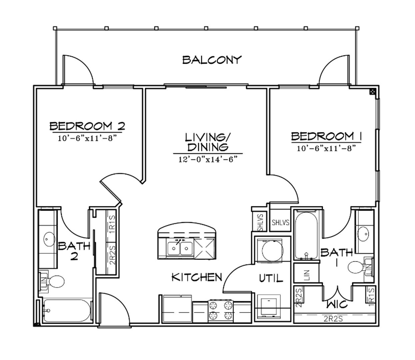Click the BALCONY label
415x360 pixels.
[x=212, y=60]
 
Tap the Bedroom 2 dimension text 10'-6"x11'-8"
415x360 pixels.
[x=87, y=139]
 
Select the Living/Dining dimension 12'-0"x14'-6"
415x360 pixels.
[x=208, y=159]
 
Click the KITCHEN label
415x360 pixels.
[x=197, y=277]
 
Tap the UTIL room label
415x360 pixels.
[x=271, y=278]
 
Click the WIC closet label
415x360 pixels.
[x=337, y=304]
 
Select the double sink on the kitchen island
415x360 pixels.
[x=180, y=248]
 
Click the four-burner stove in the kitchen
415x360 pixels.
[x=220, y=310]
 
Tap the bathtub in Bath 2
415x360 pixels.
[x=67, y=311]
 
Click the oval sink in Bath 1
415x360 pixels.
[x=363, y=234]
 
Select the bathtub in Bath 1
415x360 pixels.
[x=306, y=236]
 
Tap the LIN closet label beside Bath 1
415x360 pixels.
[x=307, y=275]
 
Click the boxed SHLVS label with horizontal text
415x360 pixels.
[x=280, y=222]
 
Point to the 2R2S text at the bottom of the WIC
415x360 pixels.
[x=333, y=319]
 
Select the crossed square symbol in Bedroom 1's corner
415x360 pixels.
[x=372, y=92]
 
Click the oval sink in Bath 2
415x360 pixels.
[x=49, y=239]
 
